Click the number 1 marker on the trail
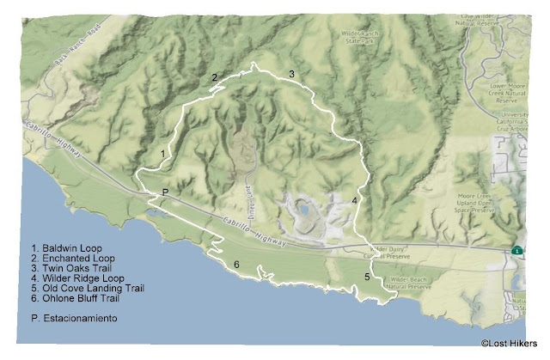click(x=162, y=153)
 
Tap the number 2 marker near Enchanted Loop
click(x=215, y=77)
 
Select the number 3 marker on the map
click(x=291, y=75)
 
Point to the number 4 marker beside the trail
click(x=354, y=200)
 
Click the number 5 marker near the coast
click(x=366, y=277)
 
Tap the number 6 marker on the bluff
click(x=236, y=265)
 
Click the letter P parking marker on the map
click(x=164, y=191)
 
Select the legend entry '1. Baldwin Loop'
click(x=64, y=247)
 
